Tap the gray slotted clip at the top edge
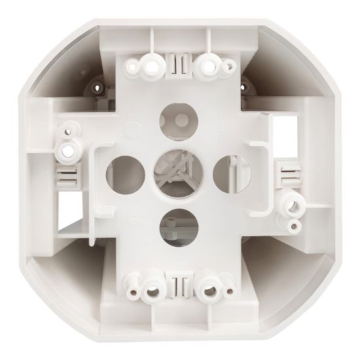tap(177, 64)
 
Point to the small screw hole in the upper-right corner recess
tap(252, 83)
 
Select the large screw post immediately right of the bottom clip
tap(211, 286)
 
